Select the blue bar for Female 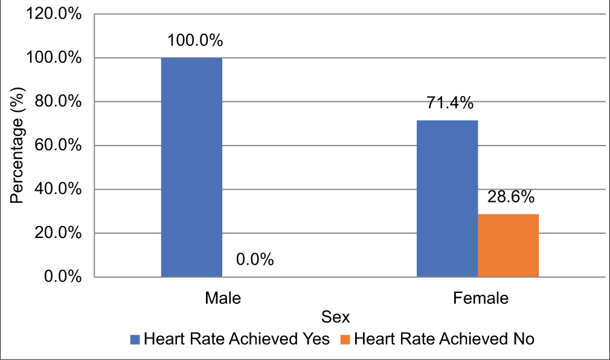448,199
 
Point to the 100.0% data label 195,41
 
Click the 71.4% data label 447,103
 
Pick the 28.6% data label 509,197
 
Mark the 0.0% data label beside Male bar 254,260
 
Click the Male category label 222,298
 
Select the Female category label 480,298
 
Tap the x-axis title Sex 336,317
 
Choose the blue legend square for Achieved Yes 135,339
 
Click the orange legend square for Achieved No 346,339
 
